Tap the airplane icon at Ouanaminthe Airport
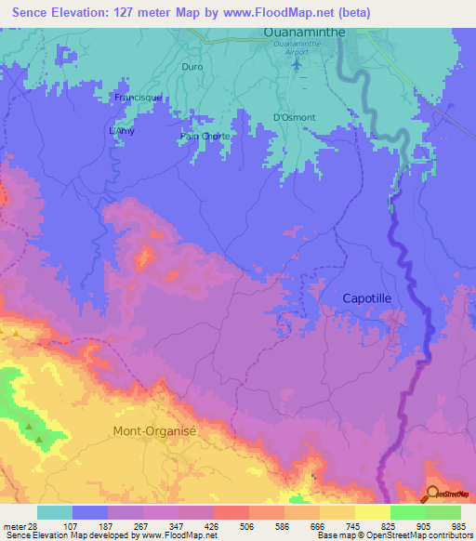pyautogui.click(x=296, y=66)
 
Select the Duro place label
pyautogui.click(x=192, y=68)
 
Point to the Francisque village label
pyautogui.click(x=139, y=97)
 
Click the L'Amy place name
pyautogui.click(x=122, y=131)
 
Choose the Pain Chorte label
pyautogui.click(x=205, y=136)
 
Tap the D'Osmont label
pyautogui.click(x=294, y=118)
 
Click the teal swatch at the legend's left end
pyautogui.click(x=55, y=512)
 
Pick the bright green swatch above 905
pyautogui.click(x=408, y=512)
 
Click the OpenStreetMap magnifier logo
pyautogui.click(x=433, y=494)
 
